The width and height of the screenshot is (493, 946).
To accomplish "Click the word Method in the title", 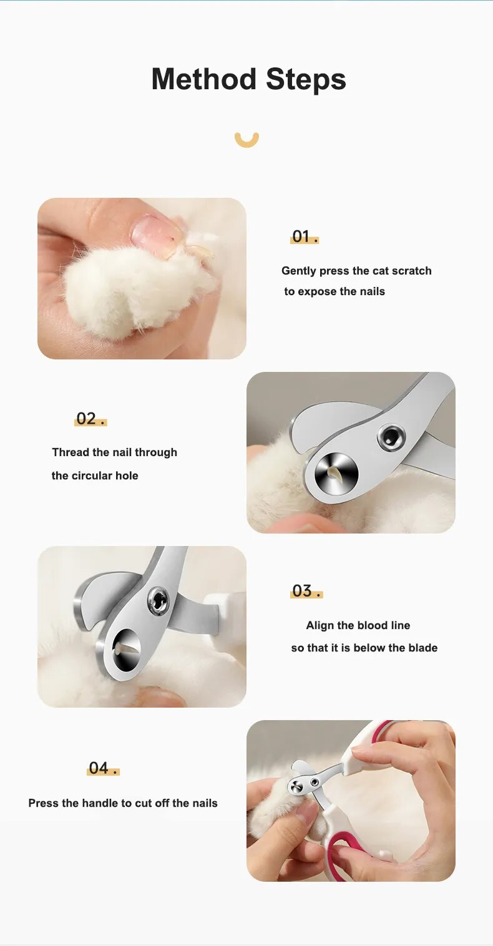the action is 204,79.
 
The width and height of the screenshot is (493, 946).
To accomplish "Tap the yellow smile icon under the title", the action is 246,140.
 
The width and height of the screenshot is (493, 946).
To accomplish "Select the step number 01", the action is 304,236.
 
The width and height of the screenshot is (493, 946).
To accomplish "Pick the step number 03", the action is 306,591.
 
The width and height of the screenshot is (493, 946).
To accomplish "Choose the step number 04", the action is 103,768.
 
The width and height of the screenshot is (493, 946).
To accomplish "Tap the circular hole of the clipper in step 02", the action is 336,474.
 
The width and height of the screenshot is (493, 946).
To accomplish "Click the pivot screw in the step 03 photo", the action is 159,600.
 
